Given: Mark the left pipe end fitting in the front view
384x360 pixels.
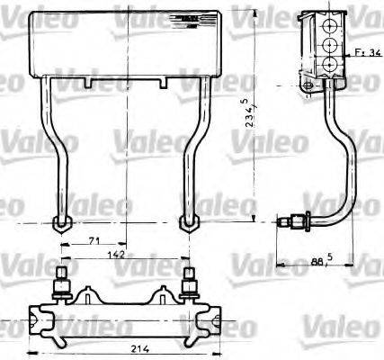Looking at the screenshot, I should pyautogui.click(x=62, y=222).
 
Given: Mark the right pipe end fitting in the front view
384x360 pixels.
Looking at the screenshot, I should pyautogui.click(x=189, y=222).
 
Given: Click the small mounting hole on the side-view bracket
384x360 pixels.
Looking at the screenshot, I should pyautogui.click(x=309, y=85).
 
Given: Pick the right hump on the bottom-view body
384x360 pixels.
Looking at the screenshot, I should pyautogui.click(x=164, y=293).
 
